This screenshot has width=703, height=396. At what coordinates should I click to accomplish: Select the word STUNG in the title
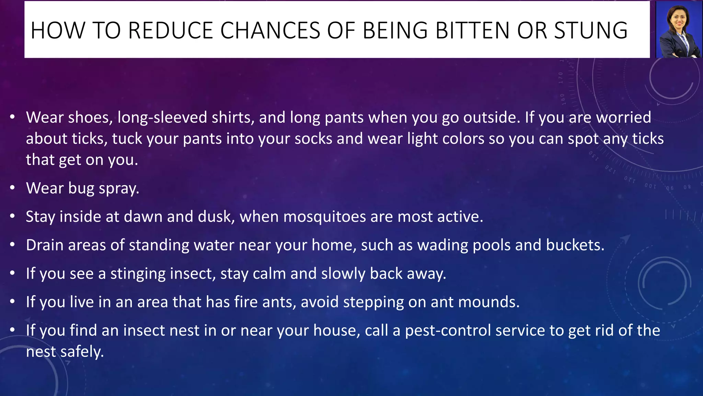click(590, 30)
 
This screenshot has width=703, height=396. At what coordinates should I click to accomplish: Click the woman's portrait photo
click(678, 30)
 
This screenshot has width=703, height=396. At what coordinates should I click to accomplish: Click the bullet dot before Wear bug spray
click(13, 188)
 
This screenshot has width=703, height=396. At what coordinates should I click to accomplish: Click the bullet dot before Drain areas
click(13, 245)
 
